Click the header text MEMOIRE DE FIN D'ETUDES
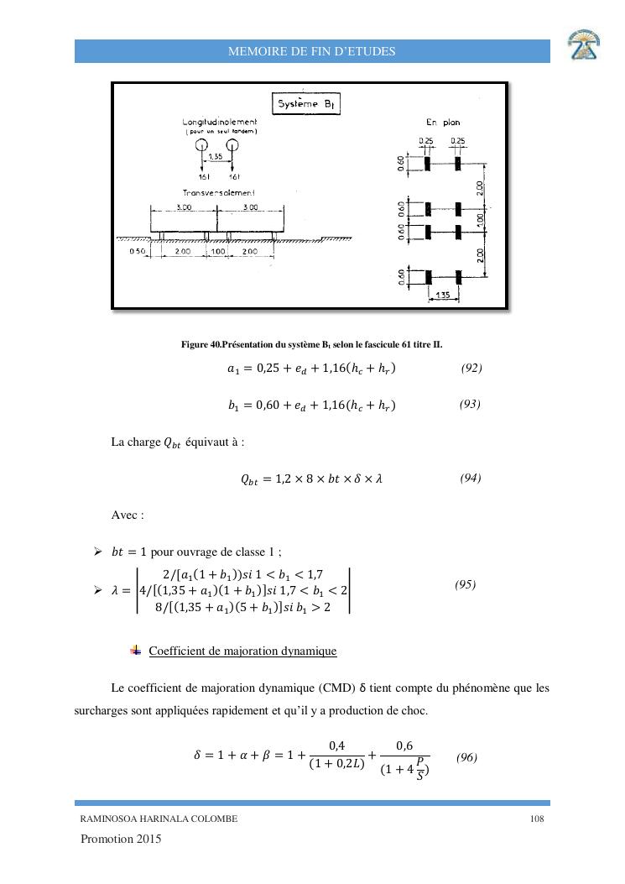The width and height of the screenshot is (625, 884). (x=312, y=51)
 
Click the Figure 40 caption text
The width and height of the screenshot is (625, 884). (x=312, y=344)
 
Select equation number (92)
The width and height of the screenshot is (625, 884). (x=471, y=368)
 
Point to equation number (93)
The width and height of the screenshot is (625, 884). (x=470, y=405)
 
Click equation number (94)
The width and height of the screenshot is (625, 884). (x=471, y=478)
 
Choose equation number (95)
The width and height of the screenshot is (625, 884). (x=466, y=584)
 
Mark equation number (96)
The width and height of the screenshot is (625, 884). (x=467, y=757)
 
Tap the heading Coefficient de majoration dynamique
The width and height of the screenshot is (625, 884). (x=242, y=651)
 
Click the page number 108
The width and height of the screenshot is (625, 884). (x=539, y=819)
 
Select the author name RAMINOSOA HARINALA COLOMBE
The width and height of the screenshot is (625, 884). (x=159, y=819)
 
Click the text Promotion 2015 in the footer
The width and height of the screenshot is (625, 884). (x=122, y=840)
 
